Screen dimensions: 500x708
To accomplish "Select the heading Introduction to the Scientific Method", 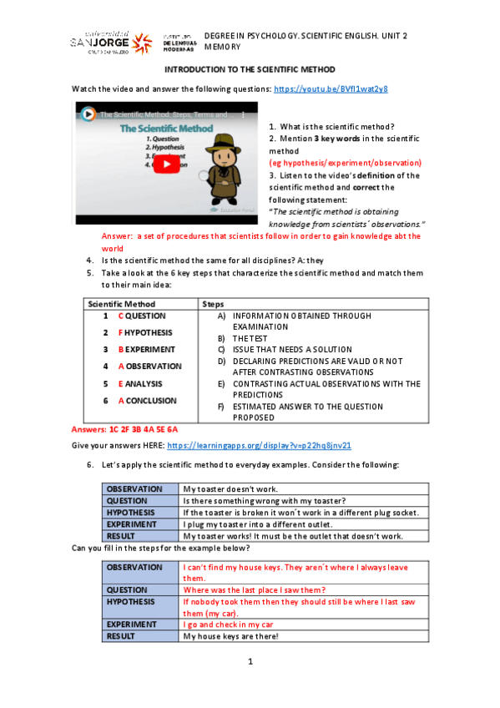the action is (x=249, y=70).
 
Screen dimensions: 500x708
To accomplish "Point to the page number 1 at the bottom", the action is (x=249, y=662).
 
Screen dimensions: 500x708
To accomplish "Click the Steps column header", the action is (x=213, y=304).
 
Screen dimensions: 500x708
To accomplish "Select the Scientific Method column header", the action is (x=122, y=304).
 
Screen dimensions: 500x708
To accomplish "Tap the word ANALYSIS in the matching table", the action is (x=144, y=383).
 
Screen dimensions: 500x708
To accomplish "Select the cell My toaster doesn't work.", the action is (x=231, y=488).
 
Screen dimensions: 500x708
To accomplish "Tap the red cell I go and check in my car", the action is (x=229, y=624).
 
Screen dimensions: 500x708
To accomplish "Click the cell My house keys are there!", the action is (x=230, y=636).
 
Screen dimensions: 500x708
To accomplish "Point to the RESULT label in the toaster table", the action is (x=122, y=535).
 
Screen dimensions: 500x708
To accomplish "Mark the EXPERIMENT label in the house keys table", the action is (x=131, y=624).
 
